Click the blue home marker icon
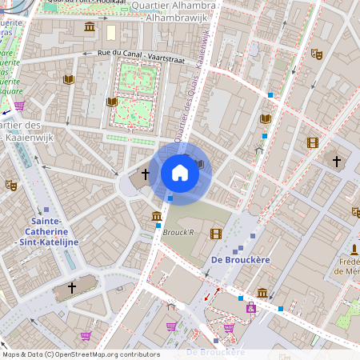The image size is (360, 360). tap(180, 173)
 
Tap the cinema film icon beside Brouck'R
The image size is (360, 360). tap(215, 234)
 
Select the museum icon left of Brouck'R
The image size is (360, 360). tap(156, 217)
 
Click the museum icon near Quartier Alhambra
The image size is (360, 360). tap(89, 28)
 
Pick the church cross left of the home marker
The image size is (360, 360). tap(146, 173)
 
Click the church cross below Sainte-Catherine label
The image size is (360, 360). tap(71, 287)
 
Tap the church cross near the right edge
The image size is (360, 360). tap(337, 162)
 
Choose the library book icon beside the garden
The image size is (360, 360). tap(111, 102)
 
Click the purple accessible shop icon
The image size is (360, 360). tap(251, 307)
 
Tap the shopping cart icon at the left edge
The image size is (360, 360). tap(18, 105)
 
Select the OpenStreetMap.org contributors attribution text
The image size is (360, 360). tap(80, 354)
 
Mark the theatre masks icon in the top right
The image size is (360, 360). tap(316, 54)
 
